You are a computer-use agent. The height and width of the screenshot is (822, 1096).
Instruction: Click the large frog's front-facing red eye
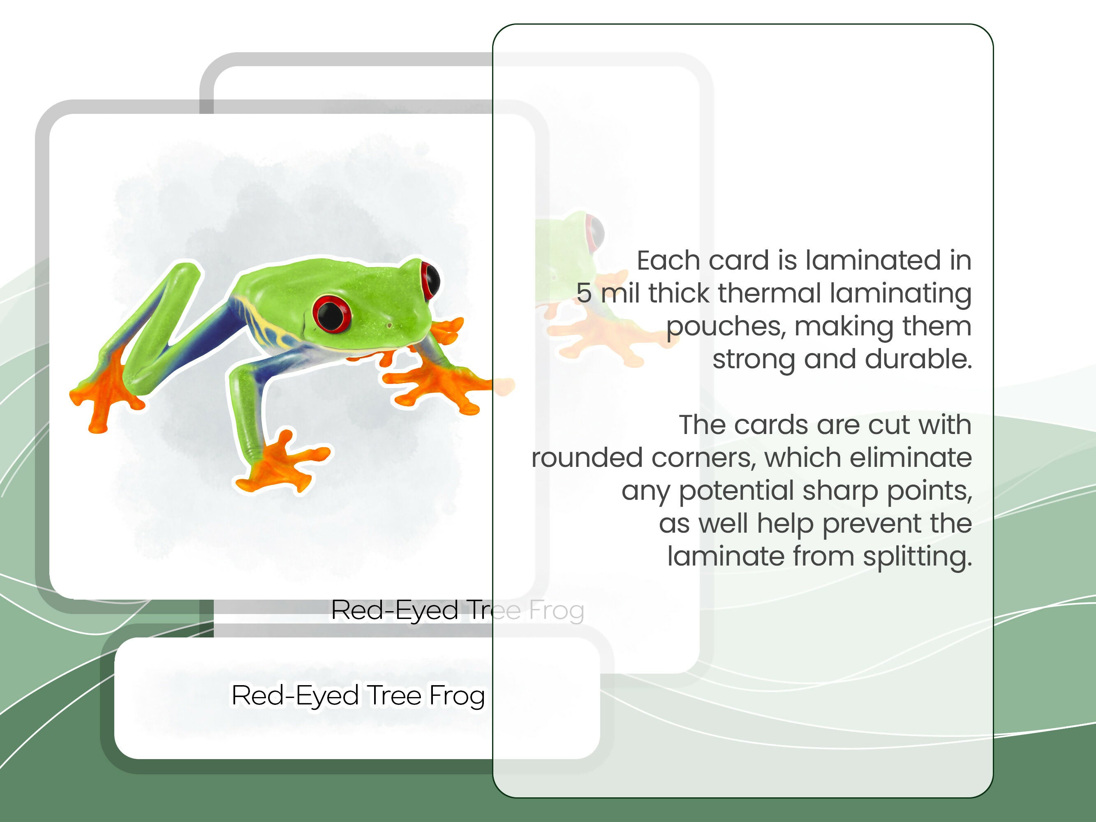331,314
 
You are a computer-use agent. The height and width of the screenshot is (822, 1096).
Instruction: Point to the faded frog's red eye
594,232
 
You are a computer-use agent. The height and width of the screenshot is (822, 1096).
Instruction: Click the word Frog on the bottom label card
456,696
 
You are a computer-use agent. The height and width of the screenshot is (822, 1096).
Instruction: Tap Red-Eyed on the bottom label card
295,696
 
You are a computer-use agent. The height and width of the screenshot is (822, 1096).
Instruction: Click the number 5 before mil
584,293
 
